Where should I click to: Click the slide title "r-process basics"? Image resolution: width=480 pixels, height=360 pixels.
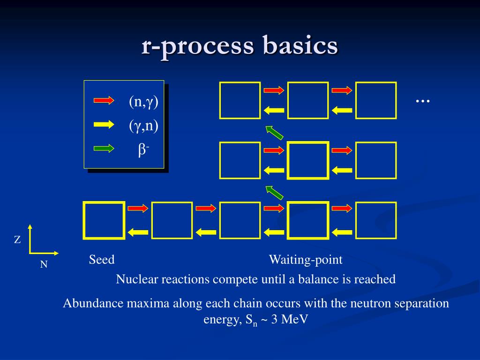[x=240, y=46]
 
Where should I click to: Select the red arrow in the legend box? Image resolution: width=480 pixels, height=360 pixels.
[x=104, y=100]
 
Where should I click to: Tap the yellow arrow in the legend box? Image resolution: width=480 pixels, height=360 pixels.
[x=104, y=124]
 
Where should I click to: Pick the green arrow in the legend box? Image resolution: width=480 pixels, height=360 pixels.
[x=104, y=148]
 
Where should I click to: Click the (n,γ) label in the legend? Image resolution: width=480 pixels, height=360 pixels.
[x=144, y=102]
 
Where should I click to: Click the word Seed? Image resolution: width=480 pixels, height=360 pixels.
[x=102, y=260]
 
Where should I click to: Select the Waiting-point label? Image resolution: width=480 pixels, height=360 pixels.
[x=306, y=260]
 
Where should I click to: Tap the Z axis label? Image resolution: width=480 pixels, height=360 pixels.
[x=17, y=240]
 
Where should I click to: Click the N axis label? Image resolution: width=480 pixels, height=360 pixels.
[x=44, y=264]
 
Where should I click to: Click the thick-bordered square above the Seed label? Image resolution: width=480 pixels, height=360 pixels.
[x=104, y=220]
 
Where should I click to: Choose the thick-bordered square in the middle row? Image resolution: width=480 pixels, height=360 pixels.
[x=307, y=160]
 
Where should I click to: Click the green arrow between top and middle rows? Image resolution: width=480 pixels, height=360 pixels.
[x=274, y=133]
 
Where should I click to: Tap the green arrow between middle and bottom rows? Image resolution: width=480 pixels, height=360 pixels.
[x=274, y=193]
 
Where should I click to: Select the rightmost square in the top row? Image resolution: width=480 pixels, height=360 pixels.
[x=375, y=100]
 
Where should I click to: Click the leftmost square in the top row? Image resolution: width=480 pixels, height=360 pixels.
[x=240, y=100]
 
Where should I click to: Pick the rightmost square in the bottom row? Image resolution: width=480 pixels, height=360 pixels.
[x=375, y=220]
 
